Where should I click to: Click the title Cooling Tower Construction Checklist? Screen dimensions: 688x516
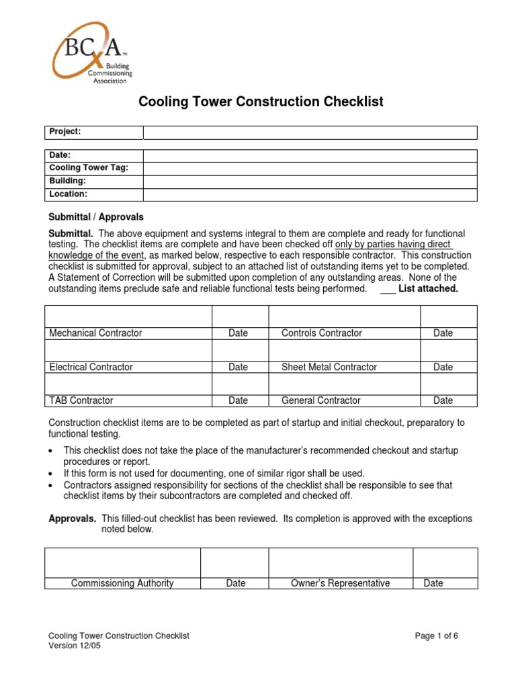(x=261, y=101)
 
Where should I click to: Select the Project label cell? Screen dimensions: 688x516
(x=94, y=132)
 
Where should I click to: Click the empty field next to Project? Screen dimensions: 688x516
(x=310, y=132)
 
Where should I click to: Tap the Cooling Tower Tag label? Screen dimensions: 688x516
(x=89, y=168)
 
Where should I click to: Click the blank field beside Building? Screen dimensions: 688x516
(x=310, y=181)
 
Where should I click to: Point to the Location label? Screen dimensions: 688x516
(x=69, y=194)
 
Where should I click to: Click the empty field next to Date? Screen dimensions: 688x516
(x=310, y=155)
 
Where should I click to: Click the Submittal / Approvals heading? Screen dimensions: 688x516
(x=96, y=217)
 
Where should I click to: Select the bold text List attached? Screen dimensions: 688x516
(x=428, y=289)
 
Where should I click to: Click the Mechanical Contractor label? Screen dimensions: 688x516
(x=95, y=333)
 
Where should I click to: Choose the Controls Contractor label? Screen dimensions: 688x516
(x=321, y=333)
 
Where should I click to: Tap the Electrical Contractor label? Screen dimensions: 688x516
(x=91, y=367)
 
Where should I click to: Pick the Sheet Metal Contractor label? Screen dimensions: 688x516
(x=329, y=367)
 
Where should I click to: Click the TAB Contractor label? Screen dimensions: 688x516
(x=81, y=400)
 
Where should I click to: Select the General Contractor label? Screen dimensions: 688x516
(x=320, y=400)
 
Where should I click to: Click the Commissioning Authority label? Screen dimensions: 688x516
(x=122, y=583)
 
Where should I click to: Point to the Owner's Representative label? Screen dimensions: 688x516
(x=340, y=583)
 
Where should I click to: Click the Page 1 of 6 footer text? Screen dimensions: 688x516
(x=436, y=636)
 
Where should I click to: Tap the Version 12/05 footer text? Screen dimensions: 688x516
(x=75, y=646)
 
